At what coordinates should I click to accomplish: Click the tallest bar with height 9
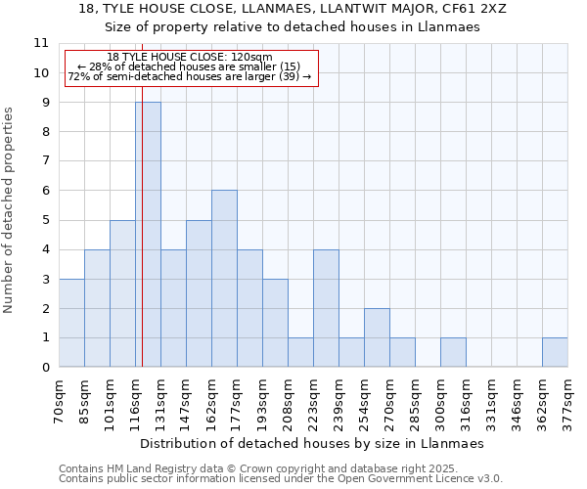coord(148,235)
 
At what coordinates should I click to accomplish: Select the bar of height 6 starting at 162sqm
coord(224,279)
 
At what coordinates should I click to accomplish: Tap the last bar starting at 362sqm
coord(555,352)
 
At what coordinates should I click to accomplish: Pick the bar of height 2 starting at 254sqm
coord(377,337)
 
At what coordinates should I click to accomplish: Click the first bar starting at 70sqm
coord(71,323)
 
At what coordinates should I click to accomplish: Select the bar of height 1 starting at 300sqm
coord(453,352)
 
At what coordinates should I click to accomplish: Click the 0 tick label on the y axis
coord(45,367)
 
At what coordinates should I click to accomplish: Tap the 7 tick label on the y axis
coord(45,161)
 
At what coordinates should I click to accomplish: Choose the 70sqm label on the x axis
coord(59,401)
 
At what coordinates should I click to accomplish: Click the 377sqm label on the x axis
coord(567,401)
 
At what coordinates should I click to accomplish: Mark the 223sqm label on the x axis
coord(313,401)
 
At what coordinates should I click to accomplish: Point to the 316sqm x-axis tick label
coord(466,401)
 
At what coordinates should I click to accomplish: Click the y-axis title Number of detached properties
coord(10,210)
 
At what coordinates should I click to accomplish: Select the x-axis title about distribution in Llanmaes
coord(313,443)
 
